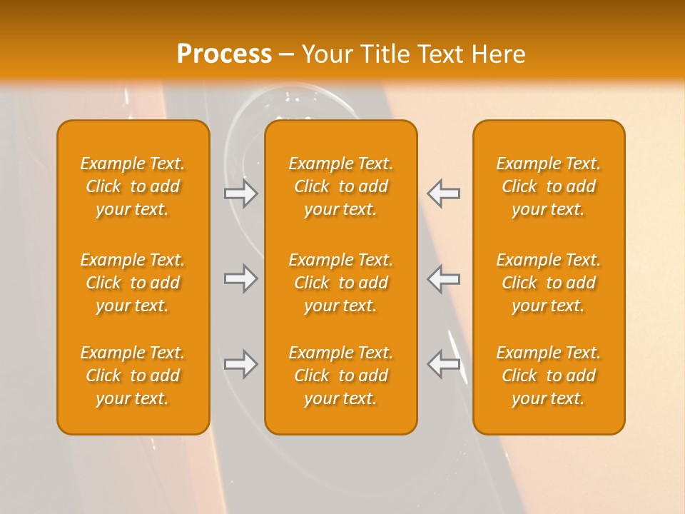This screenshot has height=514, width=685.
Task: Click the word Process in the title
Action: pos(224,54)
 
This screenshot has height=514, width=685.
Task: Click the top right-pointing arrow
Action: pos(241,193)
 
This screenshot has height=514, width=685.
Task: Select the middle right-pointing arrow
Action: pos(241,278)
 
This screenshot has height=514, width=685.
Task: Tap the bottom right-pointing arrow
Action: pos(241,364)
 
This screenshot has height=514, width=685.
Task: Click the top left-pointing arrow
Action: pos(444,193)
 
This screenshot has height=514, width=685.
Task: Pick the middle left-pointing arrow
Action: pos(444,278)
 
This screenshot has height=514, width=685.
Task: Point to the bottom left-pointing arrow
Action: pos(444,364)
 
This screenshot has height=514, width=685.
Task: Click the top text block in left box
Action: pos(133,186)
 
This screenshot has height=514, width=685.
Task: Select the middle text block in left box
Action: pos(133,283)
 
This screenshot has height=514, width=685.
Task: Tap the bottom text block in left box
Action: pos(133,376)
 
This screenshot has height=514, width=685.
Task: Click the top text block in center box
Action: pos(340,186)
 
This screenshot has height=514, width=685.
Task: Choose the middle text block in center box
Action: pos(340,283)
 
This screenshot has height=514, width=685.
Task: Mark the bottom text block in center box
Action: pos(340,376)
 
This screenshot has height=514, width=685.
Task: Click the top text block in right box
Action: pos(548,186)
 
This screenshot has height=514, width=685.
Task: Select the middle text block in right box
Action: pos(548,283)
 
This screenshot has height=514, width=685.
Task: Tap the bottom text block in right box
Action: pos(548,376)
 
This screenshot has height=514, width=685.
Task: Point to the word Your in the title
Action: pos(324,54)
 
